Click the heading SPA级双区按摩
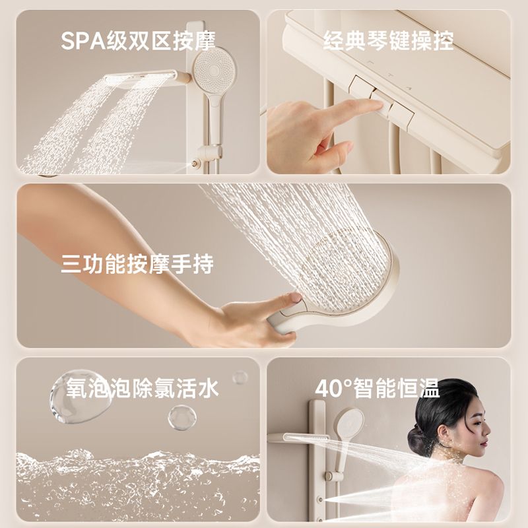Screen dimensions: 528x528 click(x=138, y=41)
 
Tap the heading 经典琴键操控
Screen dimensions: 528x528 click(x=389, y=41)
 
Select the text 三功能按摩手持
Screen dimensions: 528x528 click(x=137, y=264)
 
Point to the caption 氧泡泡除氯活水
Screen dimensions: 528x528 click(x=142, y=388)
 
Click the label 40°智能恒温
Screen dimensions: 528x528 click(x=378, y=388)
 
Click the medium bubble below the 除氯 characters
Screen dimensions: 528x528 click(x=182, y=418)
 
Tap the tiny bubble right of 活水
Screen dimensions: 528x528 click(x=240, y=377)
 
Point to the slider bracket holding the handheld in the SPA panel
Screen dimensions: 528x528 click(x=209, y=152)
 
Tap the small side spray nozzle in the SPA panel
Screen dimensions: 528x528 click(x=194, y=164)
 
